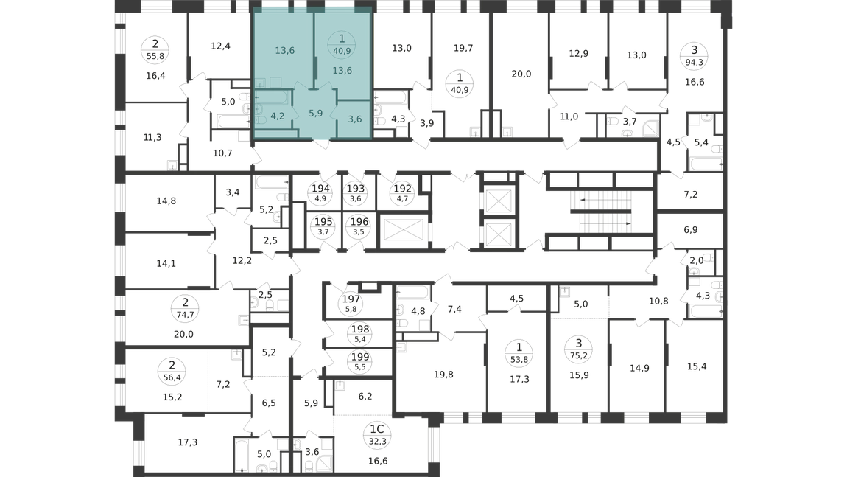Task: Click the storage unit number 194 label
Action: (320, 189)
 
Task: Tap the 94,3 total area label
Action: (694, 62)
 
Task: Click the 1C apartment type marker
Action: (376, 429)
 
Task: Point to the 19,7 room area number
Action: (463, 48)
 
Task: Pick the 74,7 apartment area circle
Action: (186, 309)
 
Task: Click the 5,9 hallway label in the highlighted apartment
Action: (315, 114)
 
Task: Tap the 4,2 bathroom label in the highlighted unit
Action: (278, 116)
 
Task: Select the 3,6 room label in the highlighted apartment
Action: (355, 119)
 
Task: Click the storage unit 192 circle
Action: (402, 193)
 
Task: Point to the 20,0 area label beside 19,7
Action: (521, 74)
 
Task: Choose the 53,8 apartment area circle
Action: (519, 353)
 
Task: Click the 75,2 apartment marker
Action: (578, 349)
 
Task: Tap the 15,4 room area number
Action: (697, 366)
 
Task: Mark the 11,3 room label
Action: (152, 138)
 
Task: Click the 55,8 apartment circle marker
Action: (155, 49)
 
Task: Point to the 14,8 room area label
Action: (166, 201)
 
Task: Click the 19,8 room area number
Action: (443, 375)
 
